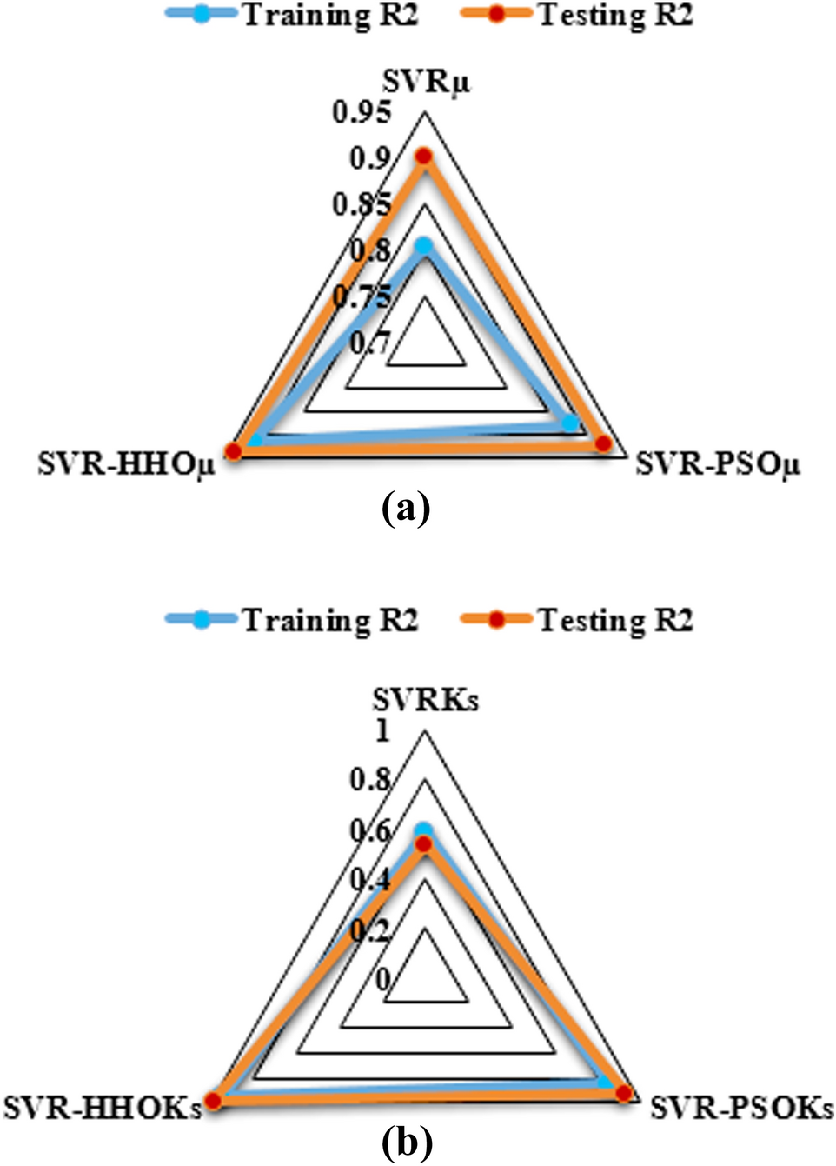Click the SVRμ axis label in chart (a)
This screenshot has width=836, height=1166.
426,83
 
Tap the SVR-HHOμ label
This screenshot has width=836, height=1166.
126,463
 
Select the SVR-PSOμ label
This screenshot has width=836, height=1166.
718,463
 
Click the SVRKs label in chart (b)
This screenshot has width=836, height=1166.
425,700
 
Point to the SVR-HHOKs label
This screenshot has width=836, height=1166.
102,1108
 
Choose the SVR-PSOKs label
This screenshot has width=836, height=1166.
741,1108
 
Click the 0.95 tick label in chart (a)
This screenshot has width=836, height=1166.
362,112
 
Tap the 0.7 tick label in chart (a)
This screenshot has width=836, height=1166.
370,343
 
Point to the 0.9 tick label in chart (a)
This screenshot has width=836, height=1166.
370,158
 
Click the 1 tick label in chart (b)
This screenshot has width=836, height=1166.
382,731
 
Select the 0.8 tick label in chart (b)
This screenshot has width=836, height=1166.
370,780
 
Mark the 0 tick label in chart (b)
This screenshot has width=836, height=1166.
383,979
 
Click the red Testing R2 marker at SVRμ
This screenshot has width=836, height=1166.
423,157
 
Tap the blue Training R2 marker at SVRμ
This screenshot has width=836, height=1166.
423,246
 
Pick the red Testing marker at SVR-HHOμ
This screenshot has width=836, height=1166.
232,450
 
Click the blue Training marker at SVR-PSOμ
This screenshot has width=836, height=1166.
571,423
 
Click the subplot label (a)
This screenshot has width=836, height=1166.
406,507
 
